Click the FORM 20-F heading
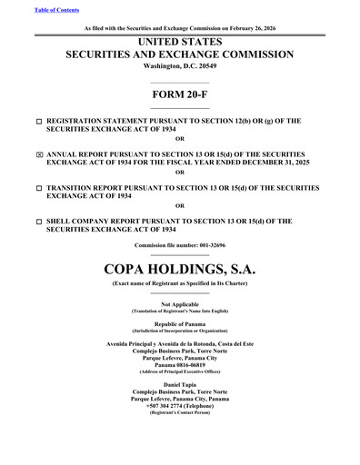179,97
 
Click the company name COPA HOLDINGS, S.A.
179,270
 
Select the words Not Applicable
179,303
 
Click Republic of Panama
179,323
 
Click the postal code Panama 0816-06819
179,366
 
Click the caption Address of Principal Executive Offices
179,373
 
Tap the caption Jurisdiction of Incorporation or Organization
179,331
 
